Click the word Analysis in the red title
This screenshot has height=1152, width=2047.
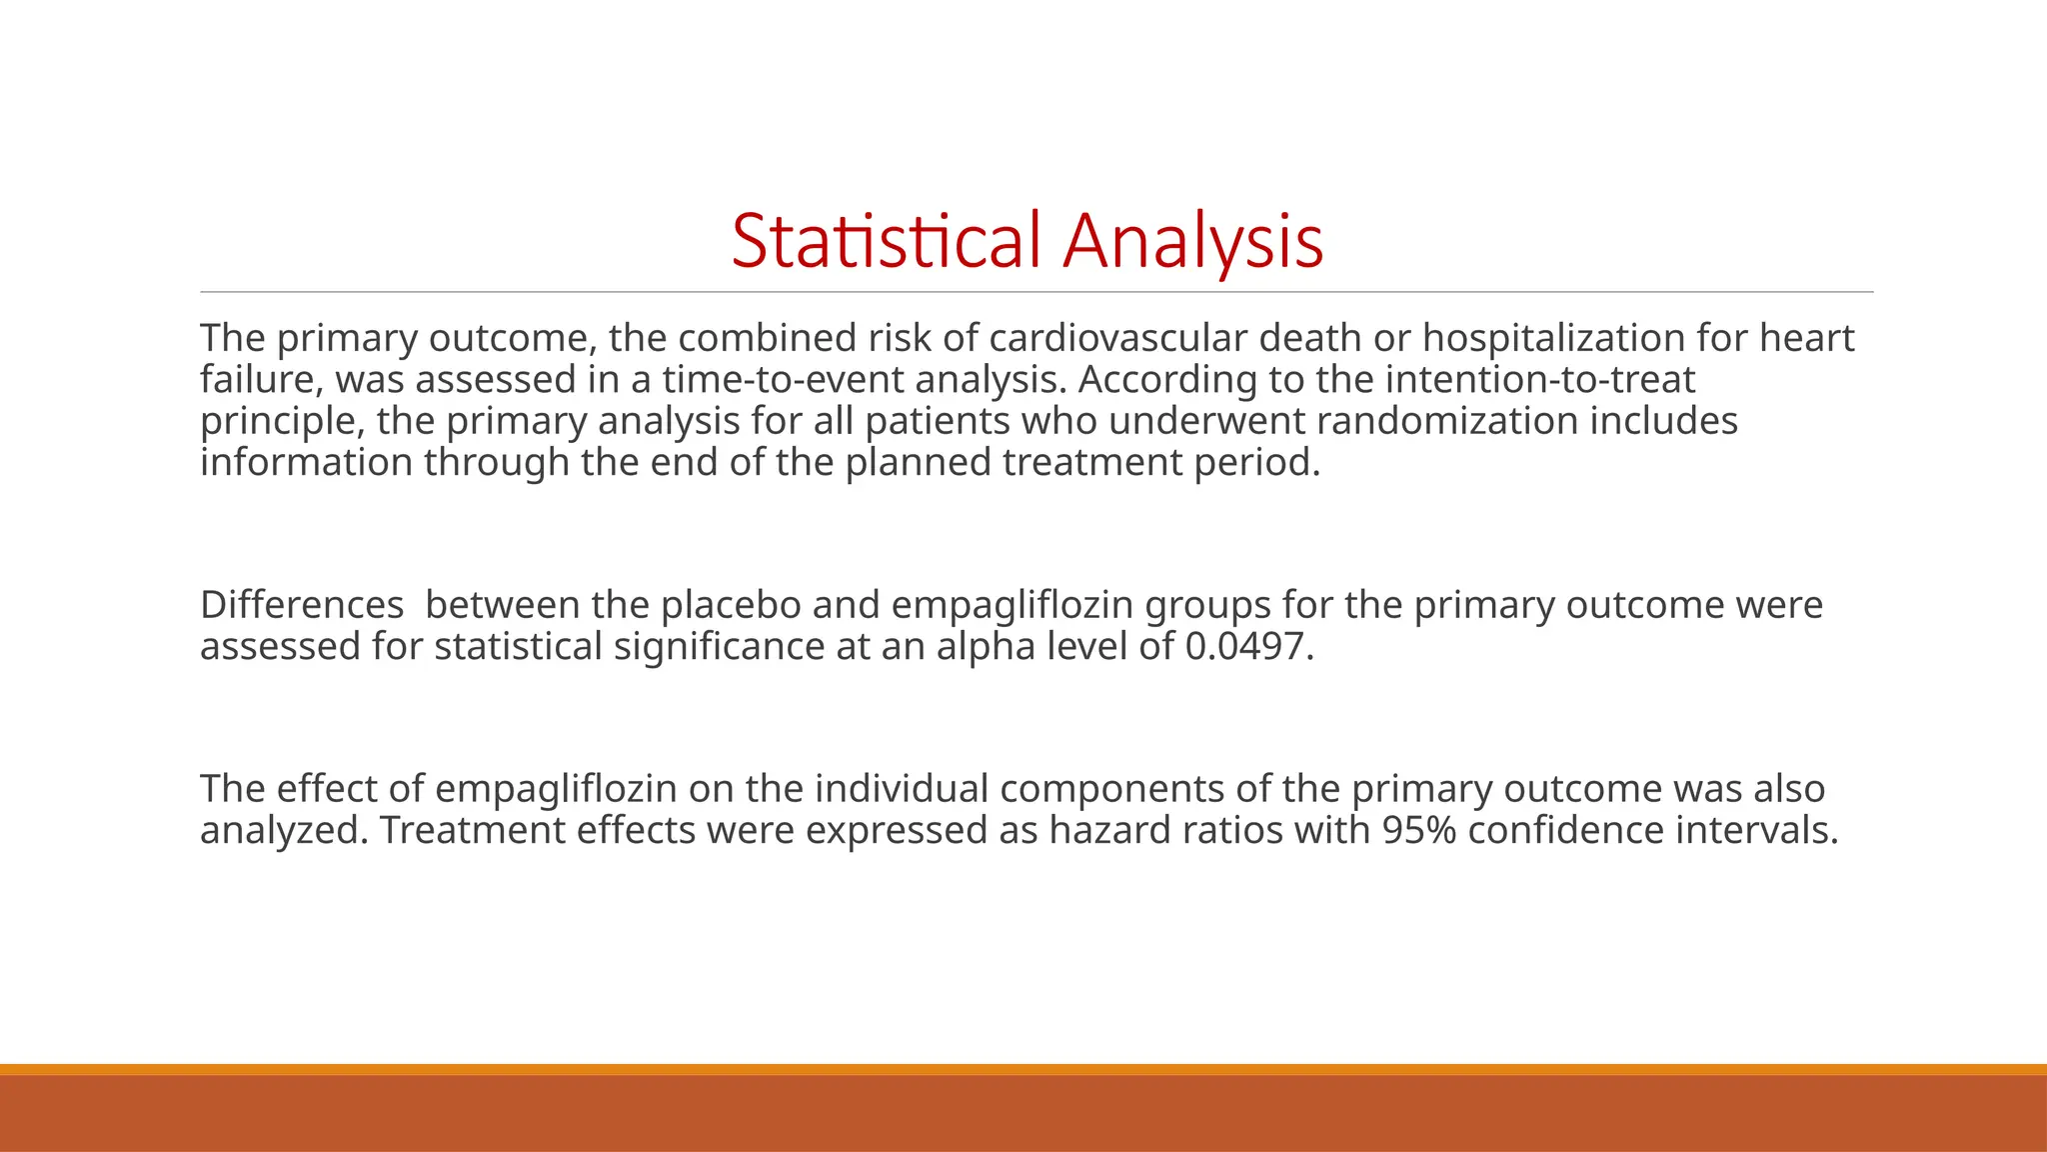pyautogui.click(x=1192, y=241)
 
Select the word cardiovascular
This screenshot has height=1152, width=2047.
pyautogui.click(x=1118, y=338)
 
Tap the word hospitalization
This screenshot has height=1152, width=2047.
pyautogui.click(x=1553, y=338)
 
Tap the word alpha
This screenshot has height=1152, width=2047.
pyautogui.click(x=986, y=647)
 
